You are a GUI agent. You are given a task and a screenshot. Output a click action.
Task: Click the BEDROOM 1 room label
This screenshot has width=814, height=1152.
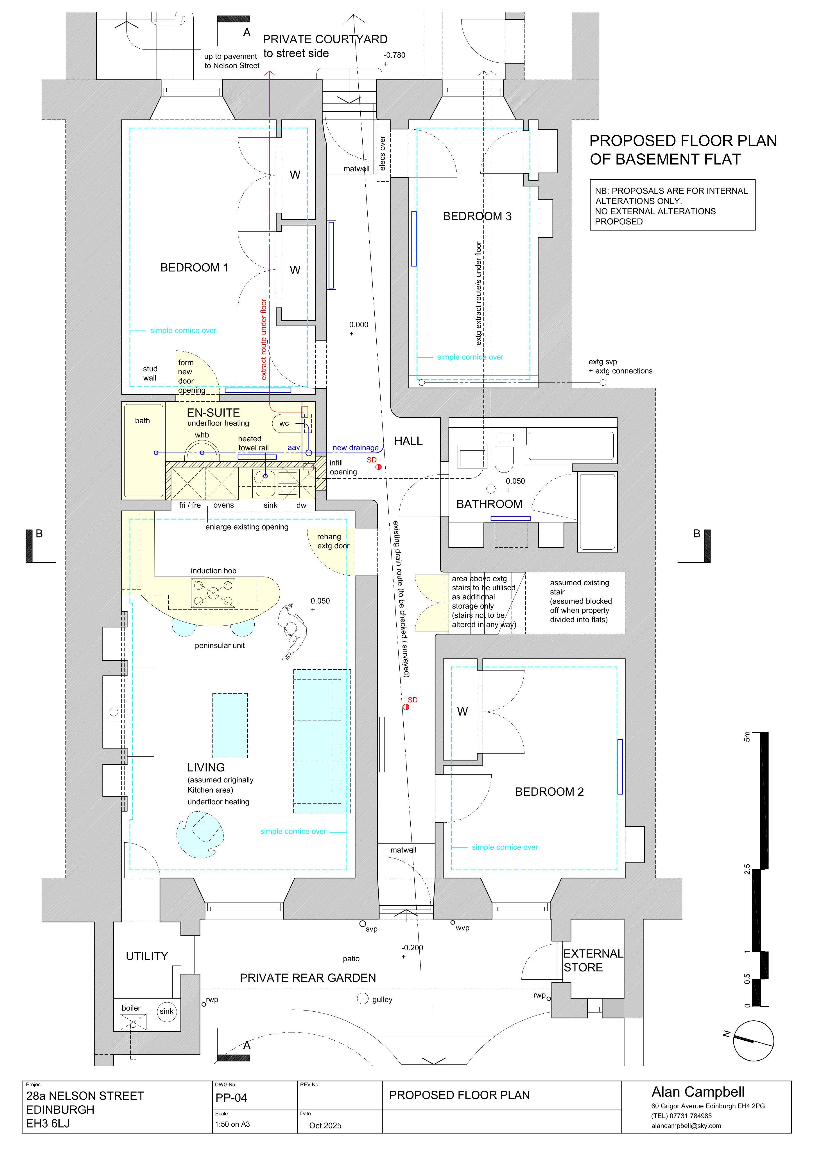pyautogui.click(x=194, y=267)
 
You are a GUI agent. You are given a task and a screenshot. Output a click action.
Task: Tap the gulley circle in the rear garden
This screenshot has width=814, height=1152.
pyautogui.click(x=363, y=998)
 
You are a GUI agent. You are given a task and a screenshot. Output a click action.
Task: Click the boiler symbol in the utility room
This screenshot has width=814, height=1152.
pyautogui.click(x=134, y=1021)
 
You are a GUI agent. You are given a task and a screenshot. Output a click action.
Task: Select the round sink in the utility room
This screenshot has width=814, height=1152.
pyautogui.click(x=166, y=1011)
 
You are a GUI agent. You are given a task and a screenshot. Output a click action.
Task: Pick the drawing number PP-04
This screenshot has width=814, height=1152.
pyautogui.click(x=231, y=1097)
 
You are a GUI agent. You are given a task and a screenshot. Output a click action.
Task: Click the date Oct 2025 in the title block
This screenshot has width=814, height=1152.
pyautogui.click(x=325, y=1125)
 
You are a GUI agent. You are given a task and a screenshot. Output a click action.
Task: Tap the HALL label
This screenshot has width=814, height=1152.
pyautogui.click(x=408, y=441)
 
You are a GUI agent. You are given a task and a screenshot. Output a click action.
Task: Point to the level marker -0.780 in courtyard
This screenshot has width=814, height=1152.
pyautogui.click(x=394, y=55)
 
